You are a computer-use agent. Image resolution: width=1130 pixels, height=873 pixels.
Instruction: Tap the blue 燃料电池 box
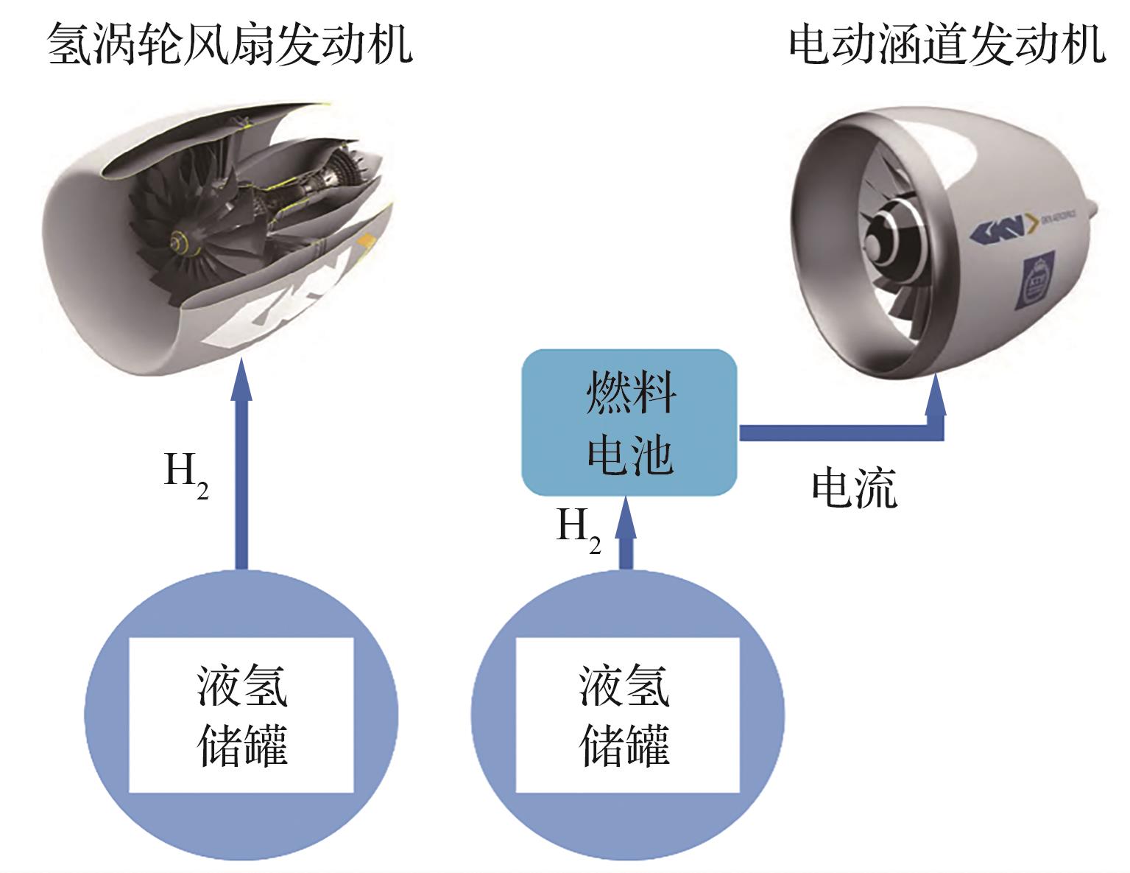629,423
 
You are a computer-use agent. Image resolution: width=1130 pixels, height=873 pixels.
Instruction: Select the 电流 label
854,488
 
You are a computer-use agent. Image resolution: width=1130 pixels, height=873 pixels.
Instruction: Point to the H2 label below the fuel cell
578,529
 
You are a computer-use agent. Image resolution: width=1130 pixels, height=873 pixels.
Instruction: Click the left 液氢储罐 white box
241,715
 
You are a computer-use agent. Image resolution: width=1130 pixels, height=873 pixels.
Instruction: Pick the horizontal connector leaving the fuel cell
832,432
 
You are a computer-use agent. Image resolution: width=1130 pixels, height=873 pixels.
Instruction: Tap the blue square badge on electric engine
1037,278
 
